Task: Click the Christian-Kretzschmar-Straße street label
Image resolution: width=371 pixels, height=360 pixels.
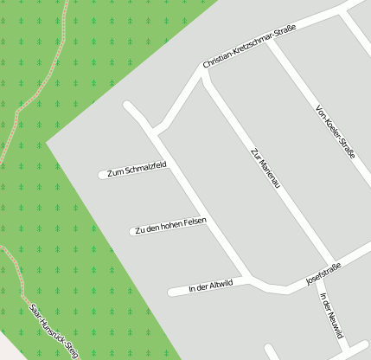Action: click(x=249, y=48)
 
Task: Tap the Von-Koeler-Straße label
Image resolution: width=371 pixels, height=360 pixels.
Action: click(x=336, y=131)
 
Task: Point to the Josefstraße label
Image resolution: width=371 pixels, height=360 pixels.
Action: click(x=325, y=273)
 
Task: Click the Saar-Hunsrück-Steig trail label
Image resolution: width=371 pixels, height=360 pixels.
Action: click(x=54, y=331)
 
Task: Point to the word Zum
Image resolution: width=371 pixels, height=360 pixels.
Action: click(x=116, y=174)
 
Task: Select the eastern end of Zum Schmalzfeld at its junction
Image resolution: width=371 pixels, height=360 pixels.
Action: click(x=176, y=159)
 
